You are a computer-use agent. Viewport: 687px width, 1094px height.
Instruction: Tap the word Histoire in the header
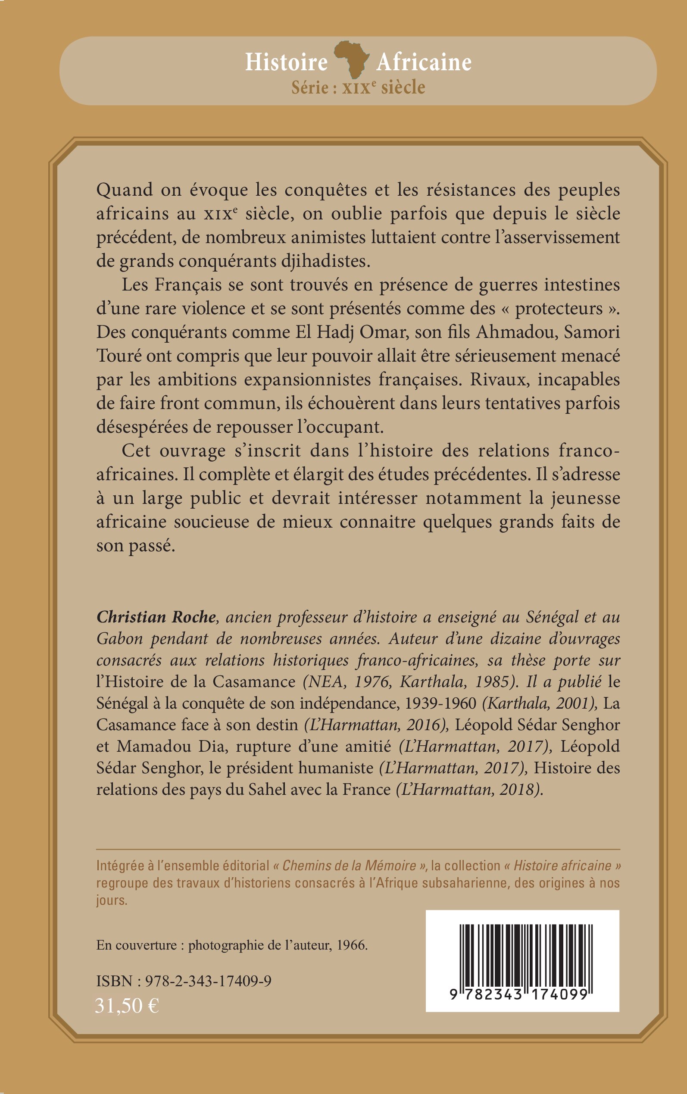pyautogui.click(x=286, y=62)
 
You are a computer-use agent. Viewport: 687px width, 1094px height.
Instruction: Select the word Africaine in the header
pyautogui.click(x=424, y=62)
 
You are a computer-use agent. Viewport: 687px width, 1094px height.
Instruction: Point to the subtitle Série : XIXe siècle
pyautogui.click(x=358, y=87)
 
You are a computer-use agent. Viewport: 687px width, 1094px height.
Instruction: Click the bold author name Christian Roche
pyautogui.click(x=156, y=617)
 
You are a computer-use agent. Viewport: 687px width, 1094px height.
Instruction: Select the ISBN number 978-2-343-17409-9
pyautogui.click(x=208, y=981)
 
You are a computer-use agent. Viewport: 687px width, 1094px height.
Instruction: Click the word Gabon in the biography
pyautogui.click(x=119, y=639)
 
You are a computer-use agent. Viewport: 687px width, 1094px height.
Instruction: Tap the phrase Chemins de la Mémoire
pyautogui.click(x=349, y=866)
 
